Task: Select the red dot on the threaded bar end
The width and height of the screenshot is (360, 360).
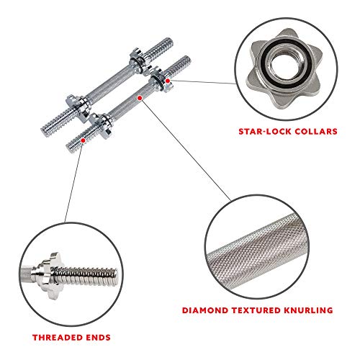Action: point(84,141)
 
